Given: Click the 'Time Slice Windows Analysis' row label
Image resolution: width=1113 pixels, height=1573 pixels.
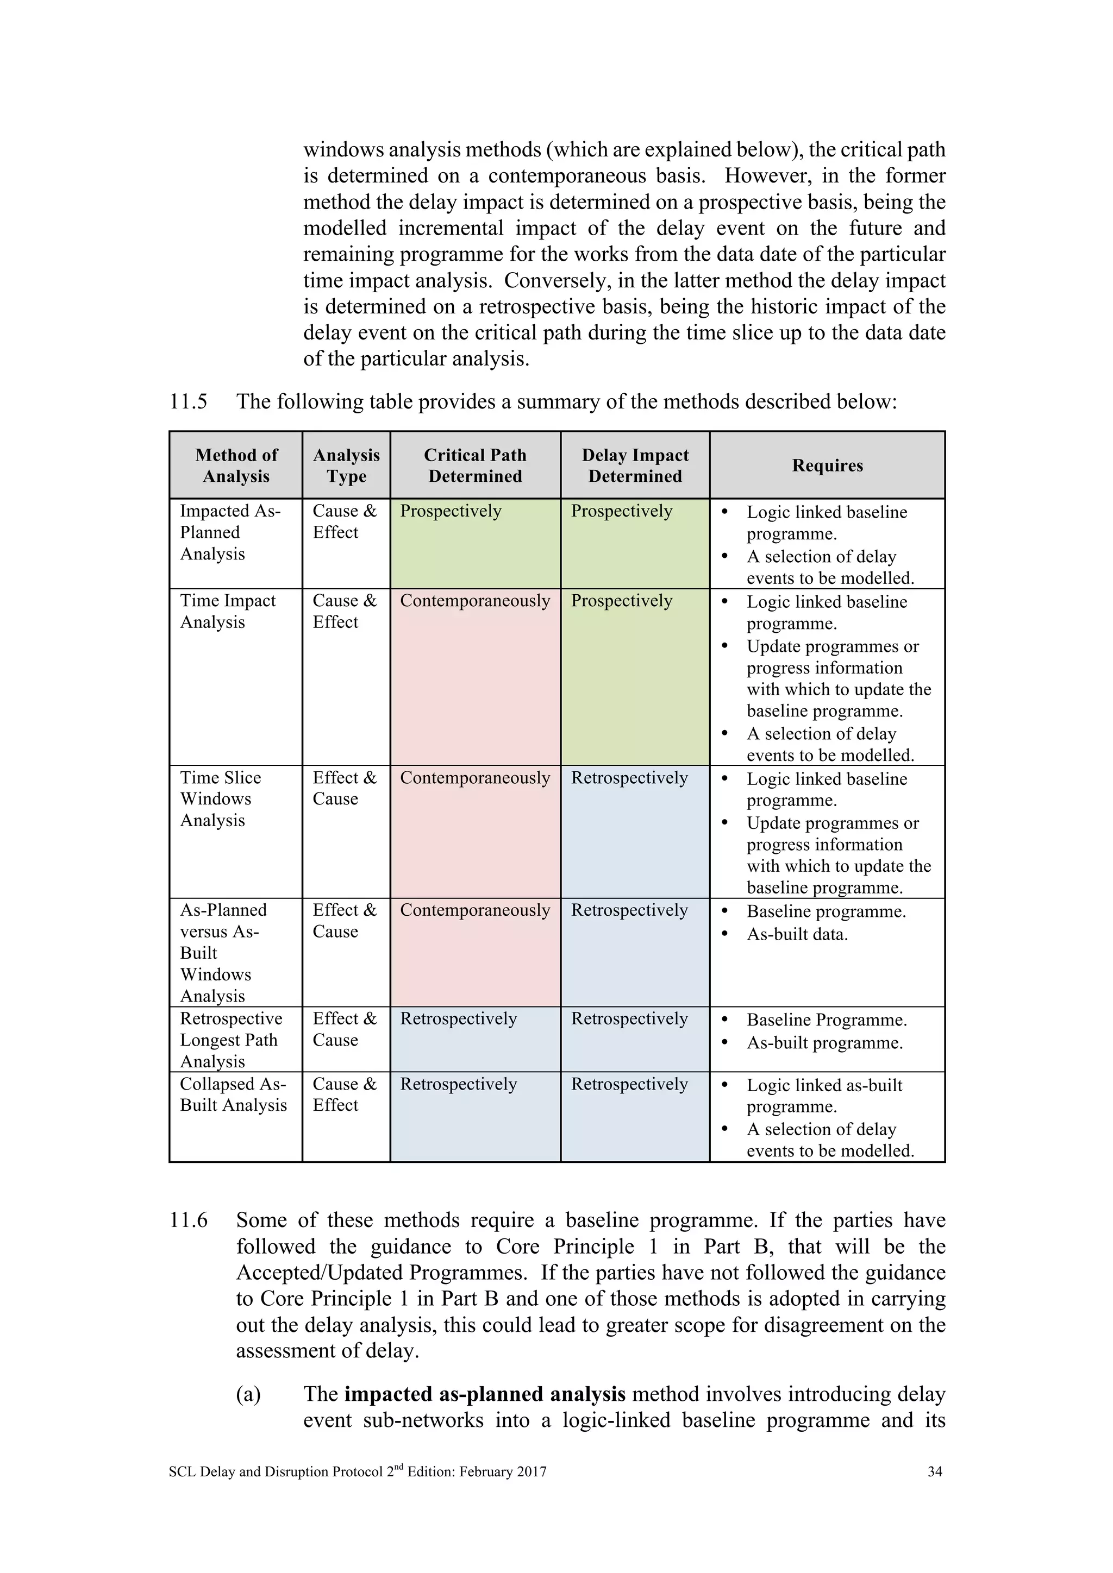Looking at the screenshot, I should pos(220,799).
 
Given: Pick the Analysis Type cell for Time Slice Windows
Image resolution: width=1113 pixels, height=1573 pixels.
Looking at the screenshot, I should pos(345,788).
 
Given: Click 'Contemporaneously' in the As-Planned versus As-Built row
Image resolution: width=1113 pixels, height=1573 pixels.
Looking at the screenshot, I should pos(475,910).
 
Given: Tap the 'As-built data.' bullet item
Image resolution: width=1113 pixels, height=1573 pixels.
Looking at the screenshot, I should pos(797,934).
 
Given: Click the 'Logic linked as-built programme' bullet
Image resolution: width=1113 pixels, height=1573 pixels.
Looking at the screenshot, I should pos(824,1096).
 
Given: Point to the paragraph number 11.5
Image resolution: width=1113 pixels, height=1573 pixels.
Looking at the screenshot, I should pos(189,401).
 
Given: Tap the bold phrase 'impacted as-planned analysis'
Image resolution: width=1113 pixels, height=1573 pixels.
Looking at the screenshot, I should pos(485,1394).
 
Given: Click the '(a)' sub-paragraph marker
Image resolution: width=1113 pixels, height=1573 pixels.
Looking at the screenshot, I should pos(249,1395).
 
